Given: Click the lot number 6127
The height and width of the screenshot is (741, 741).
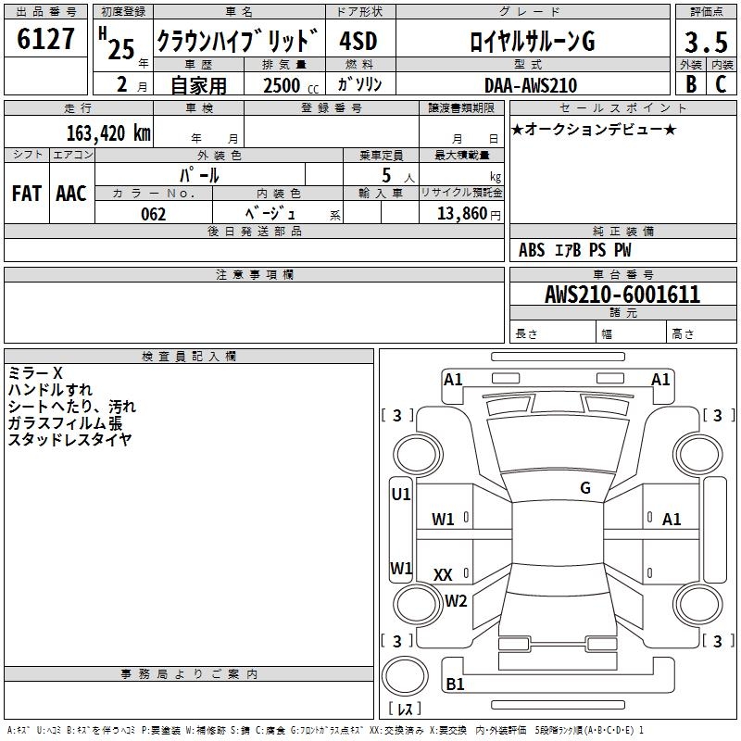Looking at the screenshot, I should [x=46, y=41].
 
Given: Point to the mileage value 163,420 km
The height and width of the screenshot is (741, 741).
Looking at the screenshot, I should [x=107, y=132].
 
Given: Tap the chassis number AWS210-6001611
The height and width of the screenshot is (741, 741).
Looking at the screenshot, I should [x=622, y=295].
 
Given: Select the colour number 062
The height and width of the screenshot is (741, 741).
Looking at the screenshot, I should [x=153, y=214].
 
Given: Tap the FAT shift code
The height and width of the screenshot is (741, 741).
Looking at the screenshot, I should [x=27, y=194].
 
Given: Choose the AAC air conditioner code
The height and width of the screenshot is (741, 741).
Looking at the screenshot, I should [x=71, y=194].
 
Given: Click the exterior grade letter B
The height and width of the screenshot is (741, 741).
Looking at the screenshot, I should [x=690, y=83].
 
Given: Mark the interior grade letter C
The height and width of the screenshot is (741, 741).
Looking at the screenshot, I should [x=721, y=83].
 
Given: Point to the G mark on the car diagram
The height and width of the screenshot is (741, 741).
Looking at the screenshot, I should [x=585, y=488].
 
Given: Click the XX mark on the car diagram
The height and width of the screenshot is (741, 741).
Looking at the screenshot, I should [x=443, y=575].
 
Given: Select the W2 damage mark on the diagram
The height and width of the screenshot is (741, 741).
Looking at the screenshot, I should [x=456, y=601].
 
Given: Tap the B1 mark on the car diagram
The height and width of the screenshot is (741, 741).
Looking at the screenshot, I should [x=455, y=684].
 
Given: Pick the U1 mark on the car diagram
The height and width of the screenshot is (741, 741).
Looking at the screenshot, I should [x=401, y=495].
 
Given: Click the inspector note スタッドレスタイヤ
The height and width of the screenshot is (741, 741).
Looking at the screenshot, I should [x=69, y=440].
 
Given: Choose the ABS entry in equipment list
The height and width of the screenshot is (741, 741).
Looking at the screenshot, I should [x=532, y=250].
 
